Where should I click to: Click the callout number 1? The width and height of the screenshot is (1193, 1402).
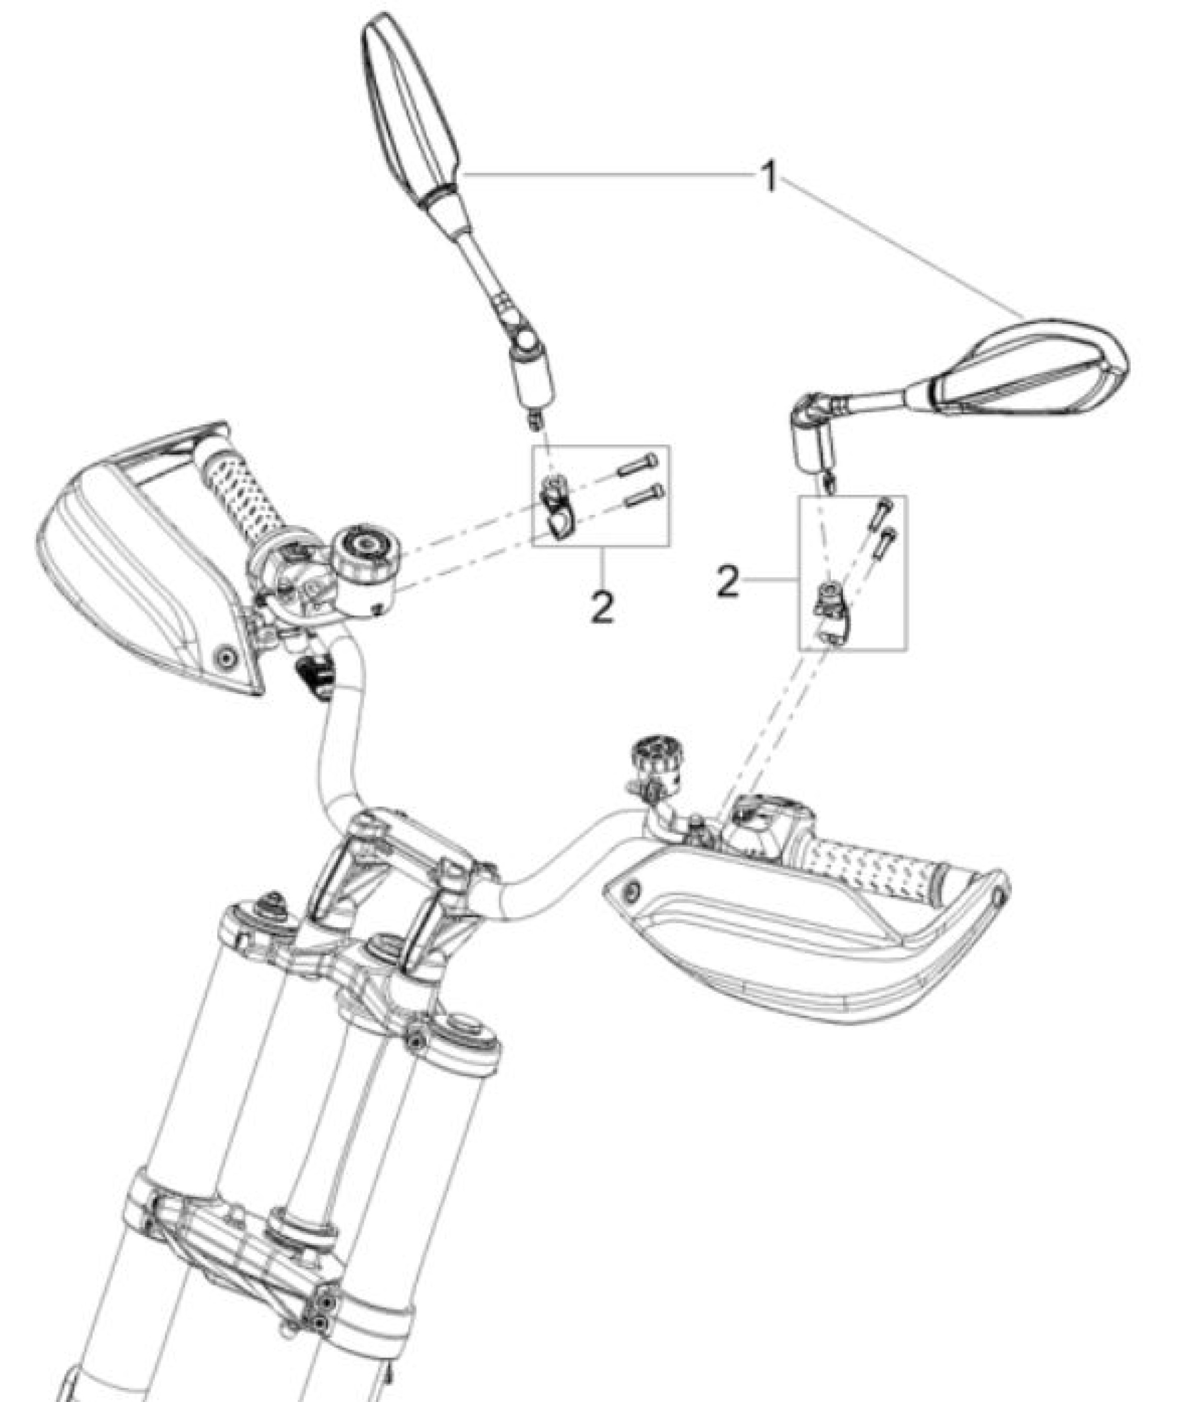pos(769,179)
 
